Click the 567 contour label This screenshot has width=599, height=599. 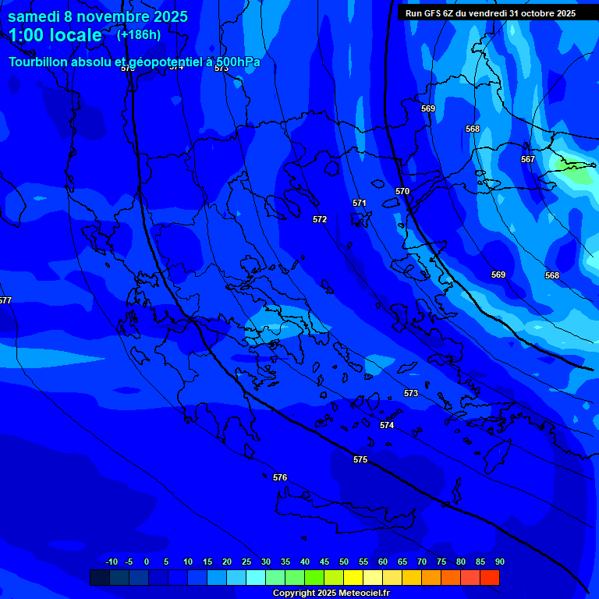pyautogui.click(x=528, y=159)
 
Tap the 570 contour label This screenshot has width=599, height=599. pyautogui.click(x=402, y=191)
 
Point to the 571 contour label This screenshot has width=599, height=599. pyautogui.click(x=360, y=203)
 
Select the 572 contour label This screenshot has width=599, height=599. pyautogui.click(x=320, y=219)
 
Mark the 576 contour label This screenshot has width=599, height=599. pyautogui.click(x=280, y=477)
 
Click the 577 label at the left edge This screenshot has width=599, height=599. pyautogui.click(x=5, y=300)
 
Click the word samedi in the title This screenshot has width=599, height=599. pyautogui.click(x=35, y=16)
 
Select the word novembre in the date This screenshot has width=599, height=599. pyautogui.click(x=112, y=16)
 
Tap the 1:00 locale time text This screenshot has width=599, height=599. pyautogui.click(x=55, y=35)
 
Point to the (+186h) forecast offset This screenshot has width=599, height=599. pyautogui.click(x=139, y=34)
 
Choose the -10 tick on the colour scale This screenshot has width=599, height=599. pyautogui.click(x=111, y=562)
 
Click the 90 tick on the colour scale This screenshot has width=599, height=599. pyautogui.click(x=499, y=562)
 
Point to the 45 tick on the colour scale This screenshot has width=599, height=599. pyautogui.click(x=324, y=562)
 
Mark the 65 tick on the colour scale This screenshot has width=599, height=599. pyautogui.click(x=402, y=562)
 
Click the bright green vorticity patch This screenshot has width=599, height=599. pyautogui.click(x=576, y=170)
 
